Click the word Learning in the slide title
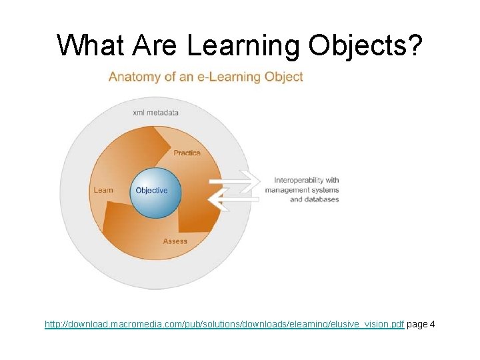pyautogui.click(x=243, y=45)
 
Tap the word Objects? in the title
pyautogui.click(x=365, y=45)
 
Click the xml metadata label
pyautogui.click(x=156, y=113)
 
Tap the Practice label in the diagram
pyautogui.click(x=187, y=153)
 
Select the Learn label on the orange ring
pyautogui.click(x=103, y=190)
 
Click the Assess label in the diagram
pyautogui.click(x=175, y=241)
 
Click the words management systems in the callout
pyautogui.click(x=301, y=190)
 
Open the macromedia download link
pyautogui.click(x=224, y=325)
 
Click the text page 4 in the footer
pyautogui.click(x=421, y=325)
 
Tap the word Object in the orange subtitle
pyautogui.click(x=284, y=77)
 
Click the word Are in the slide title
pyautogui.click(x=155, y=45)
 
